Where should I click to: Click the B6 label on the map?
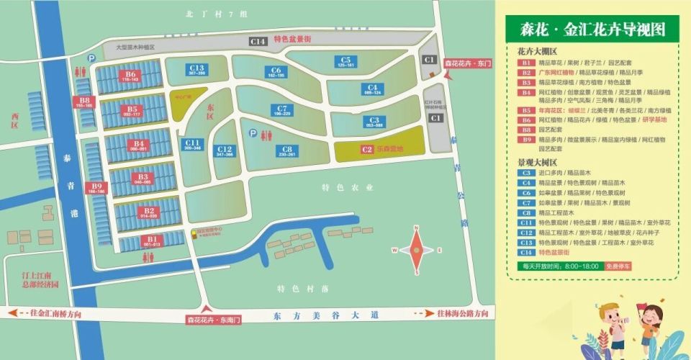pos(130,75)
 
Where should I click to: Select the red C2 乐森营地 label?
pos(377,149)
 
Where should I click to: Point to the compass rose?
pos(416,250)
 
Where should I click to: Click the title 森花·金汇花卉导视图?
pos(592,30)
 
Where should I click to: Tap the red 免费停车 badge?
pos(618,266)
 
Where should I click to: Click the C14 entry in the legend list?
pos(526,253)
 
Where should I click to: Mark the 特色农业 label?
pos(347,187)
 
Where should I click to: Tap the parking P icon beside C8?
pos(252,133)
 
